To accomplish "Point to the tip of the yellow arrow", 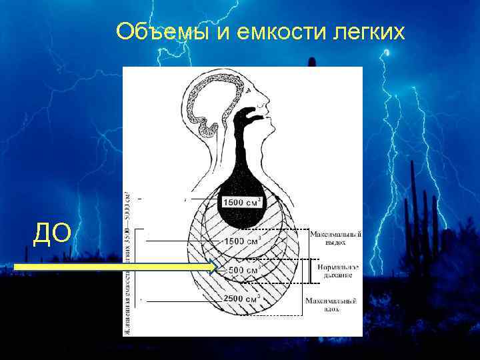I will pyautogui.click(x=217, y=268).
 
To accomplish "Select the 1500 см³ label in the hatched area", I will pyautogui.click(x=241, y=241).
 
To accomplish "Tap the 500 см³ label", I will pyautogui.click(x=243, y=271).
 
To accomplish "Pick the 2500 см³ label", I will pyautogui.click(x=241, y=299).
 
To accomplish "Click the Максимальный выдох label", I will pyautogui.click(x=335, y=239).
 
